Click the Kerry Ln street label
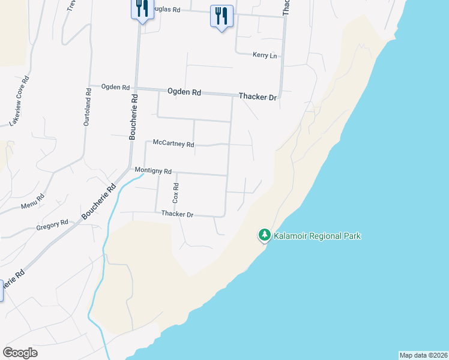click(265, 55)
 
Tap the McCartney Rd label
click(173, 144)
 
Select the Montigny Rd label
click(153, 171)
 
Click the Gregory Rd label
click(52, 224)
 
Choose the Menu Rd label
click(32, 202)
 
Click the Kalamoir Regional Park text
click(317, 236)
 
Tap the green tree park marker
click(264, 235)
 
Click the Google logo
click(20, 353)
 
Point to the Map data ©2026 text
click(423, 355)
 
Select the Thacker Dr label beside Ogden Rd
click(258, 96)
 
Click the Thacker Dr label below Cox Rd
click(177, 214)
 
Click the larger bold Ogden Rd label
click(184, 92)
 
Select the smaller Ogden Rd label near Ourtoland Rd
click(115, 87)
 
